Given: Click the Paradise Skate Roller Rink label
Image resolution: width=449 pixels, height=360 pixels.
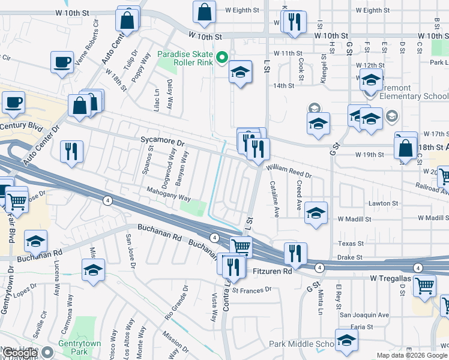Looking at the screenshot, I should [185, 58].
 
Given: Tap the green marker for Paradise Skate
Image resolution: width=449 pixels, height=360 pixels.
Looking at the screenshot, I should [221, 58].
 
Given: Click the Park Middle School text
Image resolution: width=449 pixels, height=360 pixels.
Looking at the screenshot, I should [301, 344].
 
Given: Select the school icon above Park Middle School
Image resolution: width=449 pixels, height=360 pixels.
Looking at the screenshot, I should [346, 340].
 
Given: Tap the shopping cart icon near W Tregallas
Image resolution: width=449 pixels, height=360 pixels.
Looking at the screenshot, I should [424, 286].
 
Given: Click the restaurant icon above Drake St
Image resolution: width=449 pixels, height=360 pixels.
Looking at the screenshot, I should [295, 253].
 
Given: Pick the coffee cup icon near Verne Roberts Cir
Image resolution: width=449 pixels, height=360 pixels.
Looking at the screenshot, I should [62, 62].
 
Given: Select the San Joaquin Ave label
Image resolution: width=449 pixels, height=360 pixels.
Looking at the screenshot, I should [364, 314].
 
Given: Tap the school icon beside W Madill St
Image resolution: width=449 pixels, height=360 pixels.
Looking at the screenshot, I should [316, 213].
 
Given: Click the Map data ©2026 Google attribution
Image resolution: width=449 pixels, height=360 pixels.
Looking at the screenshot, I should [411, 355].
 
